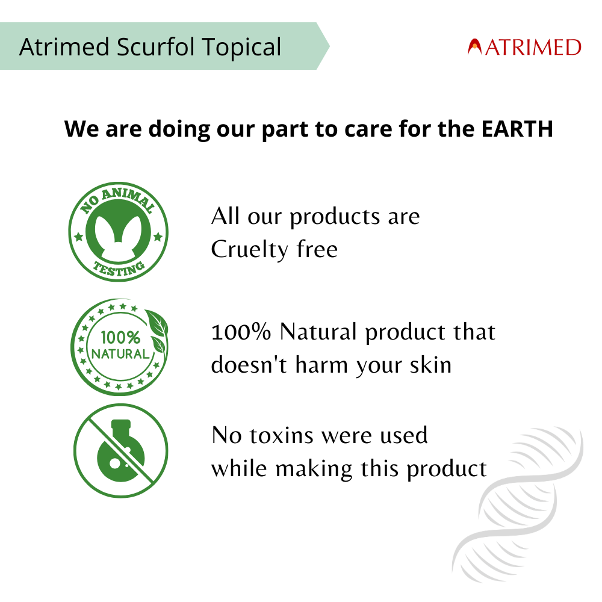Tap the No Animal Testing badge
point(119,231)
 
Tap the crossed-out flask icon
point(120,451)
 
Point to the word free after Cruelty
point(317,249)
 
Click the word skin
point(430,365)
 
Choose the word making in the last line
point(311,468)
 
